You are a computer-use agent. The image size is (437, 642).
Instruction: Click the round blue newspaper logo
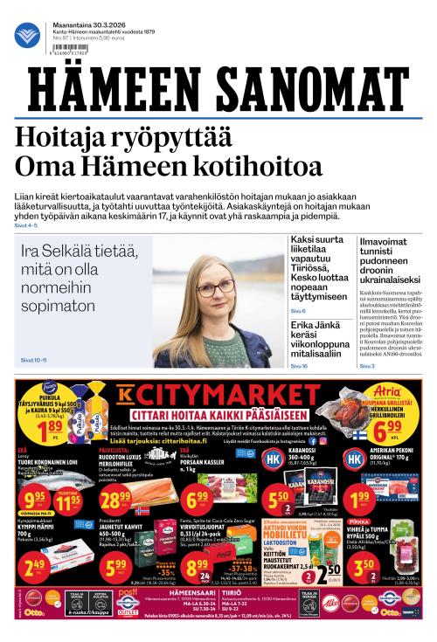[x=26, y=34]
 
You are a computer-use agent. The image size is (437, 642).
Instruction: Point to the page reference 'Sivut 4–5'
[x=25, y=225]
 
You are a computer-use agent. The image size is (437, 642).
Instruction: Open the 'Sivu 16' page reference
[x=299, y=366]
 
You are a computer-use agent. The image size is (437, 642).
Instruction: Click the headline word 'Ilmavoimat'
[x=388, y=240]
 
